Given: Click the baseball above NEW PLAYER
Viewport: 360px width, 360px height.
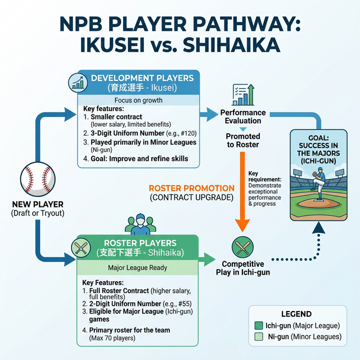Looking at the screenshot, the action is (x=38, y=179).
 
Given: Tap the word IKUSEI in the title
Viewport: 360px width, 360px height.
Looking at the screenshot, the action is (x=112, y=44).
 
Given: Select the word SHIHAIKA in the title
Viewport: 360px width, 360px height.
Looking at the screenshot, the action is (x=231, y=44).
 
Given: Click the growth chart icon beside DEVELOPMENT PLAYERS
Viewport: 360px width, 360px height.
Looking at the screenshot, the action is (x=78, y=83).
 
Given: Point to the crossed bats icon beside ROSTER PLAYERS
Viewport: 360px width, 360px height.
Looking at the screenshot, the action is (x=81, y=247).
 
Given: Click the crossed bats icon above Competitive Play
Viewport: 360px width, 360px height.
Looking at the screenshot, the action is (x=242, y=247).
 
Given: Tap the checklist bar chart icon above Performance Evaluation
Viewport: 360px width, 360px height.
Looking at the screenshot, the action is (x=243, y=94).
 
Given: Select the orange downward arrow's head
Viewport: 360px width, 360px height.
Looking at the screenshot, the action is (x=242, y=226).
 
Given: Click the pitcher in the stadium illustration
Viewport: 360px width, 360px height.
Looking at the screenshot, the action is (x=318, y=184).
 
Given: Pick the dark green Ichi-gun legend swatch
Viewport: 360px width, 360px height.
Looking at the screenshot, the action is (x=259, y=326).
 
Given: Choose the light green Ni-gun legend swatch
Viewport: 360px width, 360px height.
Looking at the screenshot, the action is (x=259, y=337).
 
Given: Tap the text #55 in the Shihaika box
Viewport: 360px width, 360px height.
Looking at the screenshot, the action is (x=185, y=304).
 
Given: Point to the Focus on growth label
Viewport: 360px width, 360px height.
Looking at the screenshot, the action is (x=138, y=100).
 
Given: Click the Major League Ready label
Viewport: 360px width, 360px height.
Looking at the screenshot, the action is (x=137, y=268).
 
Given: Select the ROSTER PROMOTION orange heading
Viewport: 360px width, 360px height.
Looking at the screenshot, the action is (x=192, y=188).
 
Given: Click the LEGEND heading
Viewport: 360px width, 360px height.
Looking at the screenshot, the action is (x=296, y=314).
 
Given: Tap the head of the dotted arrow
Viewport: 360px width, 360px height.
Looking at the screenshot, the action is (x=319, y=228).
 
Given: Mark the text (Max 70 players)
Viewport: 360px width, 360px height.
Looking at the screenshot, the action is (x=112, y=338).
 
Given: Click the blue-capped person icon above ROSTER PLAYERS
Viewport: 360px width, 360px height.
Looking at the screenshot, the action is (x=140, y=224).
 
